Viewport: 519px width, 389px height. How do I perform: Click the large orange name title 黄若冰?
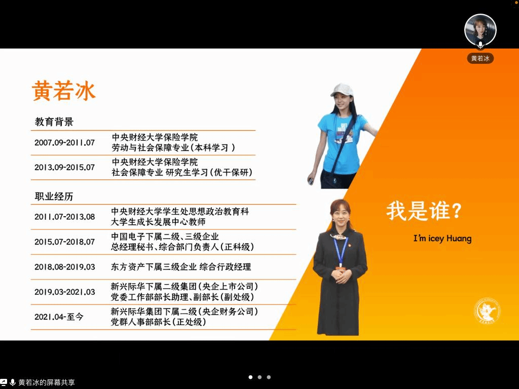pos(63,90)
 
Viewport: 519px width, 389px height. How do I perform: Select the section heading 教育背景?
pos(54,122)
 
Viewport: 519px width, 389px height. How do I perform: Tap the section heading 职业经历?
pos(54,197)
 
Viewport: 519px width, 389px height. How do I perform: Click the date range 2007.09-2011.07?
pos(64,142)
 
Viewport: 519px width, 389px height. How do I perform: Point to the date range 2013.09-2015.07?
pos(64,167)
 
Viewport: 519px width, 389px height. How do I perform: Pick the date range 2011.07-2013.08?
pos(64,217)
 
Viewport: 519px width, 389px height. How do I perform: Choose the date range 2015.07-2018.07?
pos(64,242)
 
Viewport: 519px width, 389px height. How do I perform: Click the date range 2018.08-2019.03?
pos(64,267)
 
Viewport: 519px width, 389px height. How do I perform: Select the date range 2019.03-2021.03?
pos(64,292)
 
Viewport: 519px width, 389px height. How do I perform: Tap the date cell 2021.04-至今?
pos(59,317)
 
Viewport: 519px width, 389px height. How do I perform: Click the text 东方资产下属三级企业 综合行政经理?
pos(181,267)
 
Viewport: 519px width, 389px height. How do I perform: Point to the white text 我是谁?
pos(424,211)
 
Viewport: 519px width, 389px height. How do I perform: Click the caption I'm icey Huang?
pos(442,238)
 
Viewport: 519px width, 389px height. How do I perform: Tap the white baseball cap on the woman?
pos(342,90)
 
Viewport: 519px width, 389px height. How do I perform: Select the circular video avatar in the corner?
pos(480,30)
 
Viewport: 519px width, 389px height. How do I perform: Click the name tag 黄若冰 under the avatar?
pos(480,58)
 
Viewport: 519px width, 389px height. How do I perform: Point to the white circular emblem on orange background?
pos(487,310)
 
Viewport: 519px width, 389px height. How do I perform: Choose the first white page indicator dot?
pos(250,377)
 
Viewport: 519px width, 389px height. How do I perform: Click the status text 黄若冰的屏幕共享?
pos(47,382)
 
